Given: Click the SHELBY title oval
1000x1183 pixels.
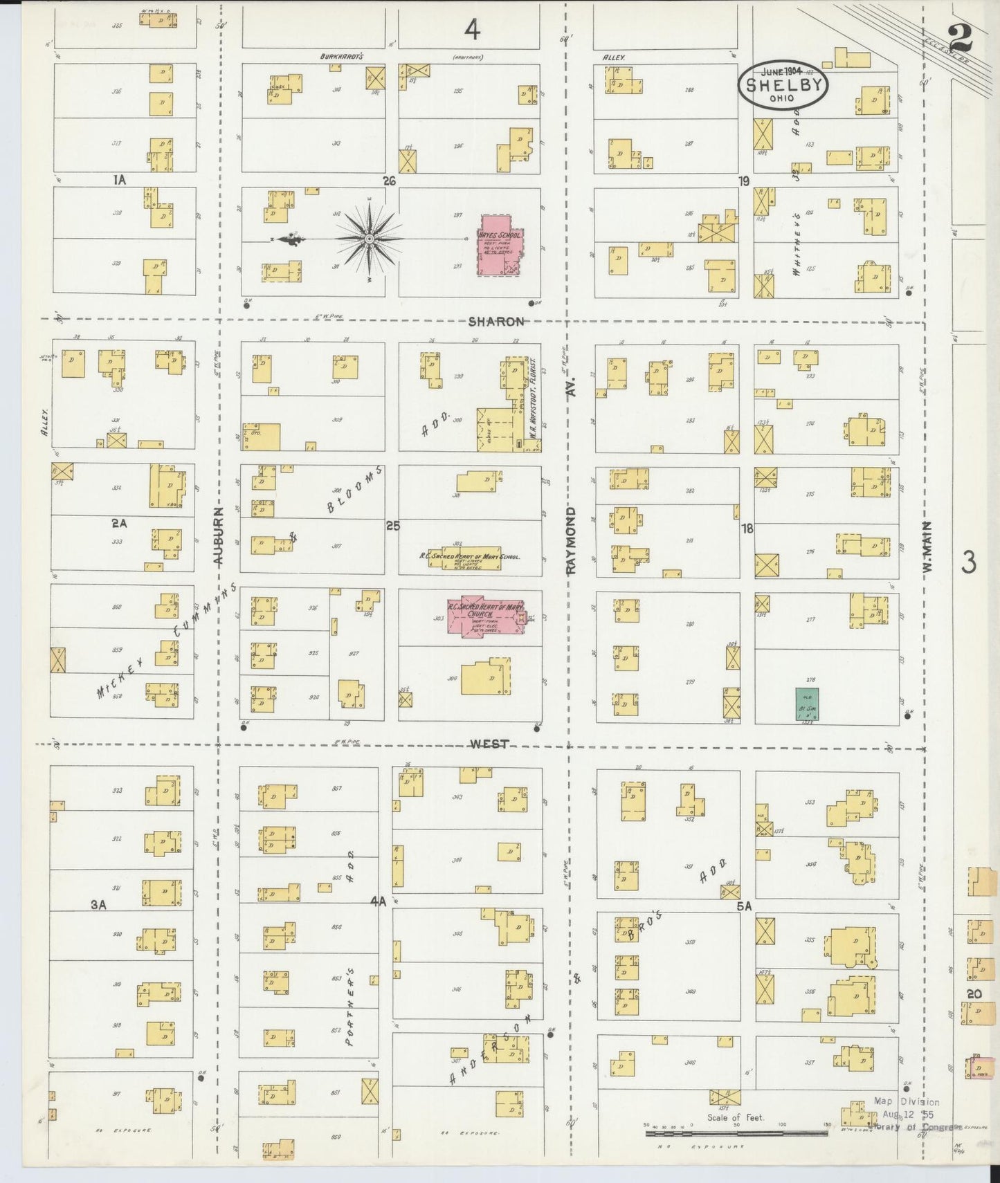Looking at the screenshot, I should (x=783, y=85).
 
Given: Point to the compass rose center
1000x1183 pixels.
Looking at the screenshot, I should (x=370, y=239).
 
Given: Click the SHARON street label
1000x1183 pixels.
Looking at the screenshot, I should (x=496, y=322).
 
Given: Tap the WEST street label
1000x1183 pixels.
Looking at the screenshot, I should (x=490, y=744).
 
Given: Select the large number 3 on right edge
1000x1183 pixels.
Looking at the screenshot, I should (x=968, y=564).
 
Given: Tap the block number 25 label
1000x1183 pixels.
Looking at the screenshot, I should (x=393, y=526).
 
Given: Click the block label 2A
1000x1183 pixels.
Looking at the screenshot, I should (x=119, y=524).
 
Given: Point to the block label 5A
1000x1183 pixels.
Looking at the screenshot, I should (x=744, y=904).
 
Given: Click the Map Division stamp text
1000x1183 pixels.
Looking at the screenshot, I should (x=906, y=1102).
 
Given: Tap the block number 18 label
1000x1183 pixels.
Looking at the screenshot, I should (x=747, y=529).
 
